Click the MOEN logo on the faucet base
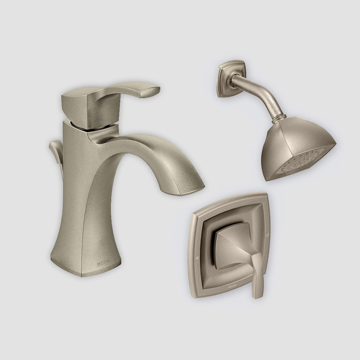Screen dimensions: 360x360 pyautogui.click(x=103, y=263)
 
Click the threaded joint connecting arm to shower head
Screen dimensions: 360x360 pyautogui.click(x=276, y=120)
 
